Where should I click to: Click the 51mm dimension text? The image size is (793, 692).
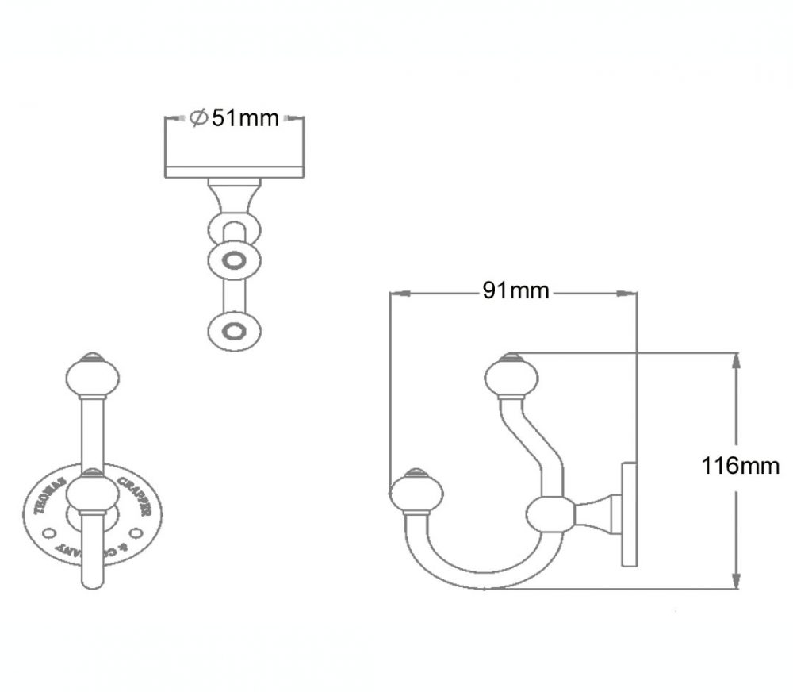(246, 118)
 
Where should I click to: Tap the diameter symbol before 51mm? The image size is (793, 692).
(198, 118)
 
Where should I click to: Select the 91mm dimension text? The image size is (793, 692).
(515, 290)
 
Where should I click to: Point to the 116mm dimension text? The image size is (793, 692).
(741, 466)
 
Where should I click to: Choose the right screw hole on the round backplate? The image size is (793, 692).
(136, 529)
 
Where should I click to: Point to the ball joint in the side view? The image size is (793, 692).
(549, 514)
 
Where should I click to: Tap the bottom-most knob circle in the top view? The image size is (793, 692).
(233, 329)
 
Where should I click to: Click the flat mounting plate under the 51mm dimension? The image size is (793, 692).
(234, 171)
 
